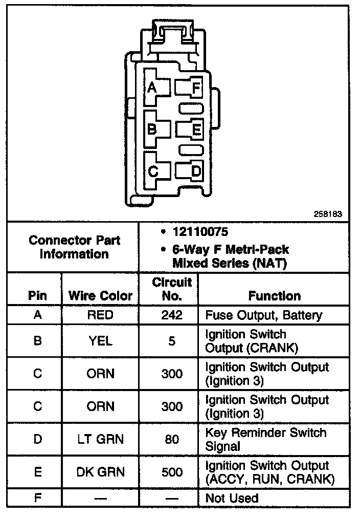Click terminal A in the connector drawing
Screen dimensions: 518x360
152,88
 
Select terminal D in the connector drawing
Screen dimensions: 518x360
196,171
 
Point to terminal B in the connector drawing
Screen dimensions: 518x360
152,129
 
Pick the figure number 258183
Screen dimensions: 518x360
328,214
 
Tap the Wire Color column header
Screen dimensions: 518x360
100,296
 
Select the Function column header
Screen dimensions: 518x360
275,296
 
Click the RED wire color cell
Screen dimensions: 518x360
100,315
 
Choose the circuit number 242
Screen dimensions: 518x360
172,315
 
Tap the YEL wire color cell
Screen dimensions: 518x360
100,340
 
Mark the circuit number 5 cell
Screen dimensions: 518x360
172,340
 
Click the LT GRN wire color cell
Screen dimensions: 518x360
100,439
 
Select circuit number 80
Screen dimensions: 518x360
172,439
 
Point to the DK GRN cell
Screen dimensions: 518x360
100,472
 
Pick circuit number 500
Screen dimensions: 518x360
172,472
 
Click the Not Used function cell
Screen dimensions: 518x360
232,498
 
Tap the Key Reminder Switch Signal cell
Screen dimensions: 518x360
265,439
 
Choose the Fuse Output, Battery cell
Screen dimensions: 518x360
263,315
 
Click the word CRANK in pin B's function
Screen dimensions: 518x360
279,348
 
